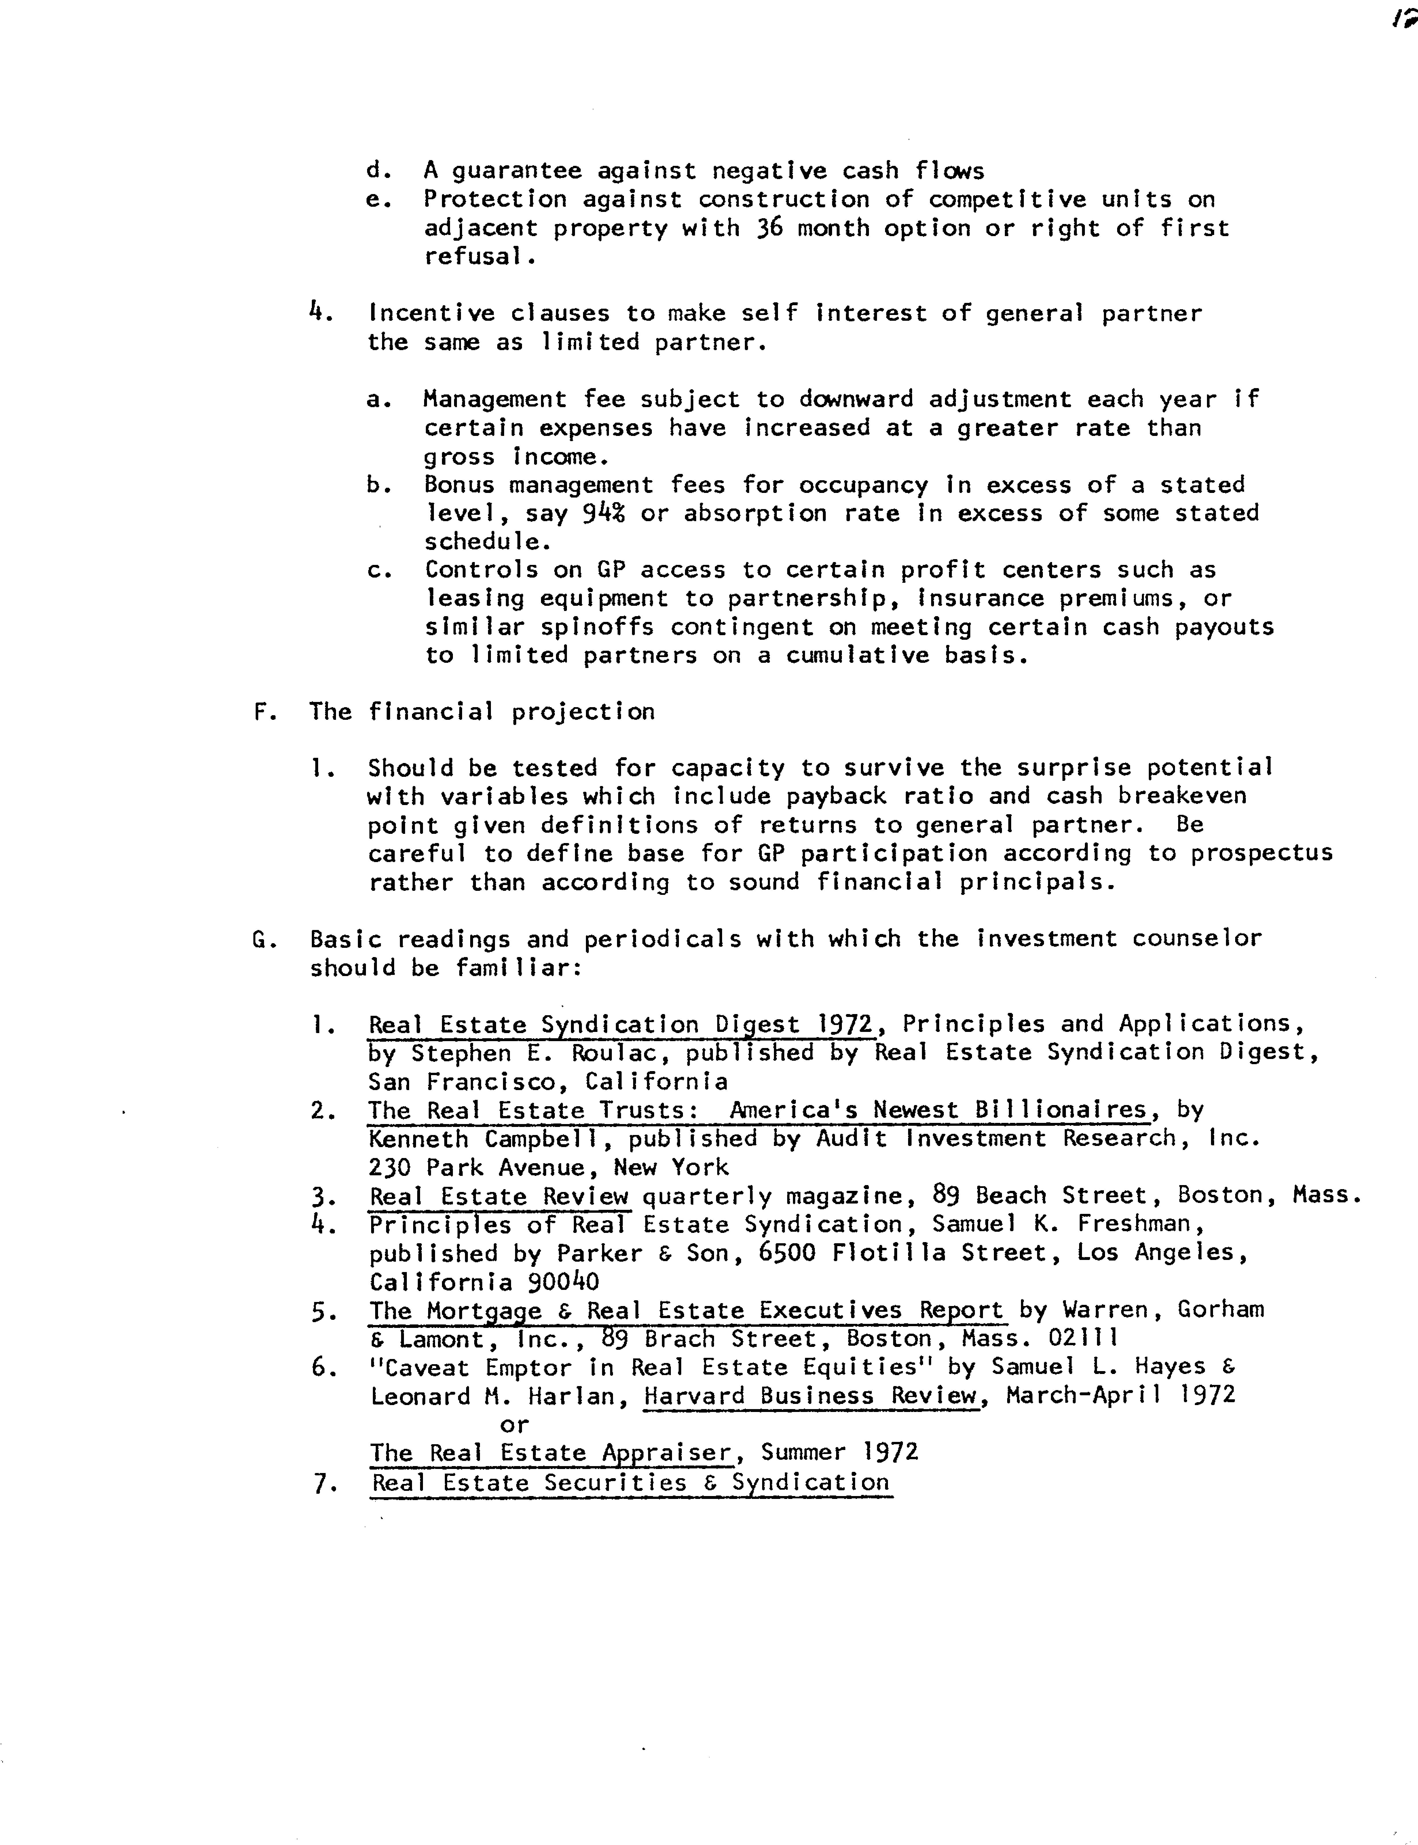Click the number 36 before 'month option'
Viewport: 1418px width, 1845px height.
tap(770, 228)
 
